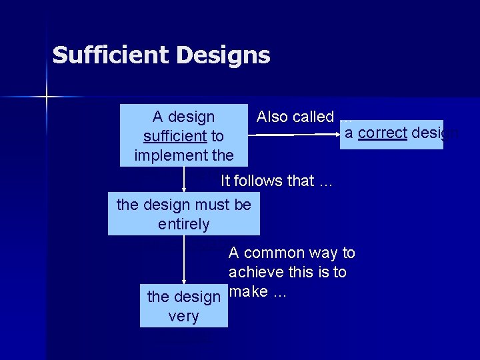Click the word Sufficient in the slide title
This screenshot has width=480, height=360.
[x=111, y=55]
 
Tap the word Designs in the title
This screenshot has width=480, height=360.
[x=223, y=55]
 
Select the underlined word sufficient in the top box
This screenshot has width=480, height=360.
[x=175, y=137]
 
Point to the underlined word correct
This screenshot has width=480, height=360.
[x=382, y=133]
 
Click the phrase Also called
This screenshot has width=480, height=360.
[x=295, y=117]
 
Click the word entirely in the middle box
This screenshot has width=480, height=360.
[x=184, y=224]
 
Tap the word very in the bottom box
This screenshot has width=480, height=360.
[x=183, y=316]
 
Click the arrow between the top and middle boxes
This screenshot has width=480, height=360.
[x=185, y=179]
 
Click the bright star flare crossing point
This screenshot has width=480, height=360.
[x=47, y=97]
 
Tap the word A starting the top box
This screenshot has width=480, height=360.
[x=157, y=117]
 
